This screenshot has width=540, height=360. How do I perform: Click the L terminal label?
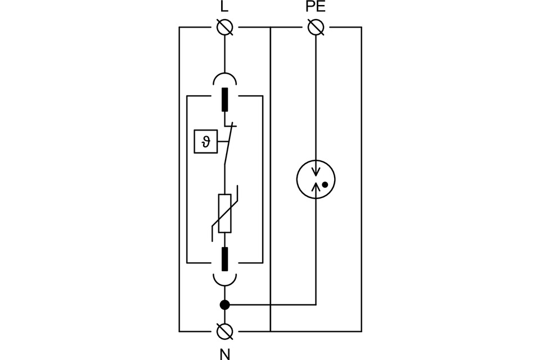tap(224, 8)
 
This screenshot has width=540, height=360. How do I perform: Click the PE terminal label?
tap(316, 8)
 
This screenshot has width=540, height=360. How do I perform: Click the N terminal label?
tap(224, 353)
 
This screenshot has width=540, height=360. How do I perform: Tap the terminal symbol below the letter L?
tap(224, 27)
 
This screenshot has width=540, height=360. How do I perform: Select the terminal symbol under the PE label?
tap(316, 27)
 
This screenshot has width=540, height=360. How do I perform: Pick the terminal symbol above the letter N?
tap(224, 331)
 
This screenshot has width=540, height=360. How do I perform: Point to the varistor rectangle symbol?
tap(224, 213)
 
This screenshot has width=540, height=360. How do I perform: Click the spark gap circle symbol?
tap(316, 179)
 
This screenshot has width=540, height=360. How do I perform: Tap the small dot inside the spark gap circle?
tap(325, 184)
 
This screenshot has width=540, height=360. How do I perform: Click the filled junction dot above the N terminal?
tap(224, 305)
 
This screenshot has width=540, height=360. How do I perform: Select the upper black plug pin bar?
tap(224, 100)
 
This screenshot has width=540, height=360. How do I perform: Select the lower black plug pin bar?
tap(224, 259)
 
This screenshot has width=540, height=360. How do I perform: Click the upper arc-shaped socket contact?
tap(224, 78)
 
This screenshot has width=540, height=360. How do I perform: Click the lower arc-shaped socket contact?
tap(224, 280)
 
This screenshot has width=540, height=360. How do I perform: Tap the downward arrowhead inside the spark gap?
tap(316, 171)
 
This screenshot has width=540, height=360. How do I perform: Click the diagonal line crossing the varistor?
tap(225, 214)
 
